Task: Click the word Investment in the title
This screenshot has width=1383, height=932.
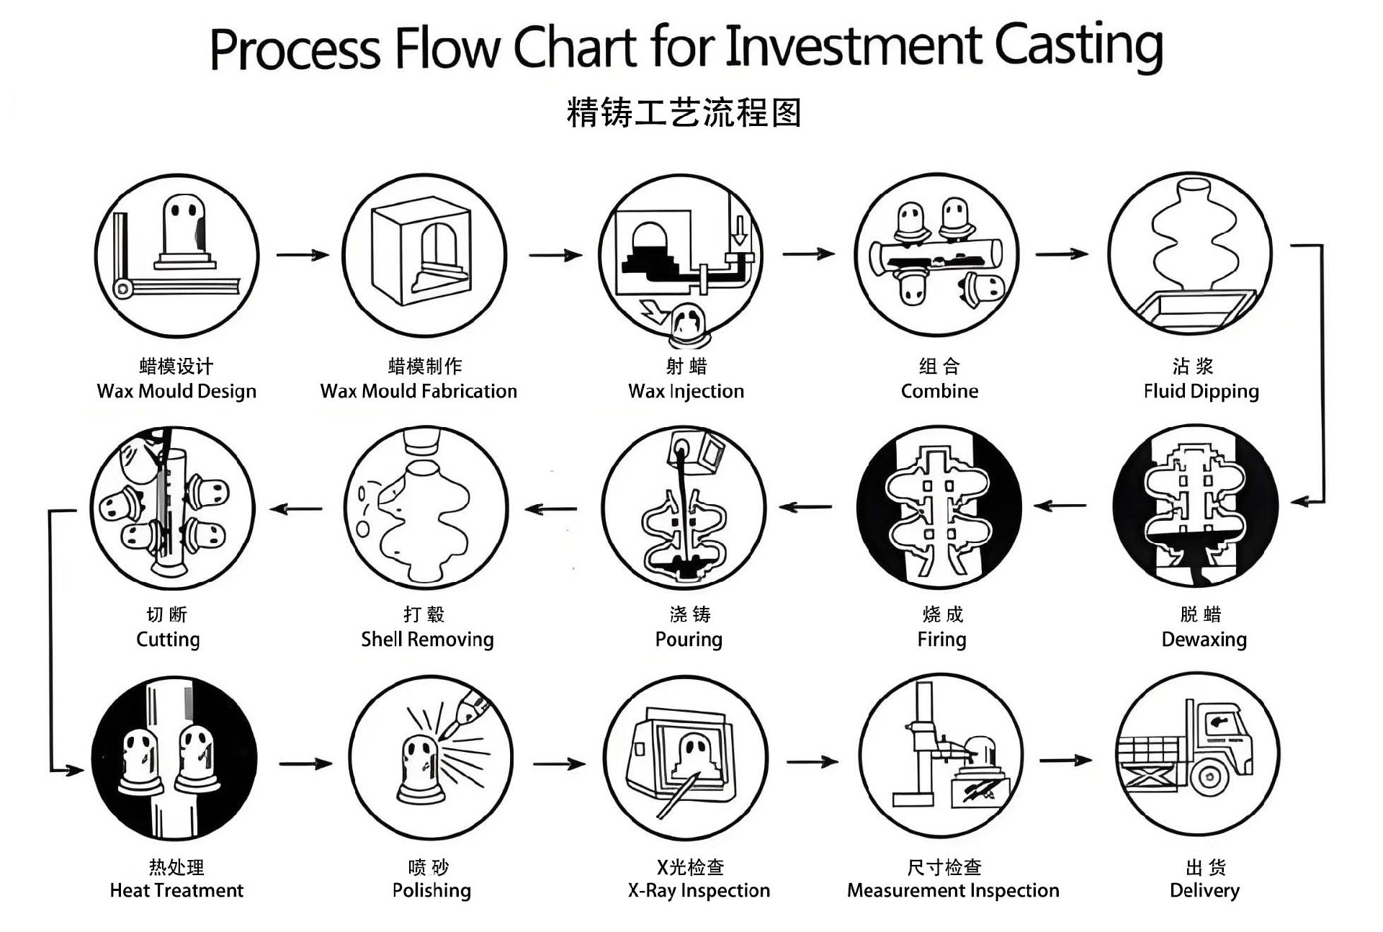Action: (x=854, y=47)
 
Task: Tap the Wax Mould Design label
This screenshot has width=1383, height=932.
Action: (x=176, y=391)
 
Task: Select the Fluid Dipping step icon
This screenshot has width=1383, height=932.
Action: (x=1190, y=254)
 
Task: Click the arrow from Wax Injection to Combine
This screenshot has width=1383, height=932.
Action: (x=808, y=254)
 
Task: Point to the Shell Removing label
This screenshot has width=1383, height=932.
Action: (x=427, y=640)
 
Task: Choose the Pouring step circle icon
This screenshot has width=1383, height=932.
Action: (x=684, y=508)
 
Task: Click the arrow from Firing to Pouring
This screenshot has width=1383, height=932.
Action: (x=805, y=507)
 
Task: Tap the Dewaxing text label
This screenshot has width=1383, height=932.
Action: (x=1204, y=640)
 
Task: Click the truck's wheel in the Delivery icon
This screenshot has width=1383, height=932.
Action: (x=1209, y=777)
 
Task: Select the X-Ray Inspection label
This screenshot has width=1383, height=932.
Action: (x=699, y=891)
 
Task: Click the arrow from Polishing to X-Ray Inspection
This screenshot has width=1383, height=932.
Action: (x=559, y=763)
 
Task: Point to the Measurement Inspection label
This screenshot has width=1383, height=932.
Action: (x=953, y=891)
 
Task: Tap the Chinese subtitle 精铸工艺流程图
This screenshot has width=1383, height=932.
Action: (x=684, y=113)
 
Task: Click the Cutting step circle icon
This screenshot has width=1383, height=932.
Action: (x=173, y=508)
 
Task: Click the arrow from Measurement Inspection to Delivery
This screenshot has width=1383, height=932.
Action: (x=1065, y=760)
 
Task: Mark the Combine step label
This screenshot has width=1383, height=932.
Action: (x=939, y=391)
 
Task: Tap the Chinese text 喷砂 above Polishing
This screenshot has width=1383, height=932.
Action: (x=429, y=867)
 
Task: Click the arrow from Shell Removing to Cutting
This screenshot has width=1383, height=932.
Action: (x=296, y=508)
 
